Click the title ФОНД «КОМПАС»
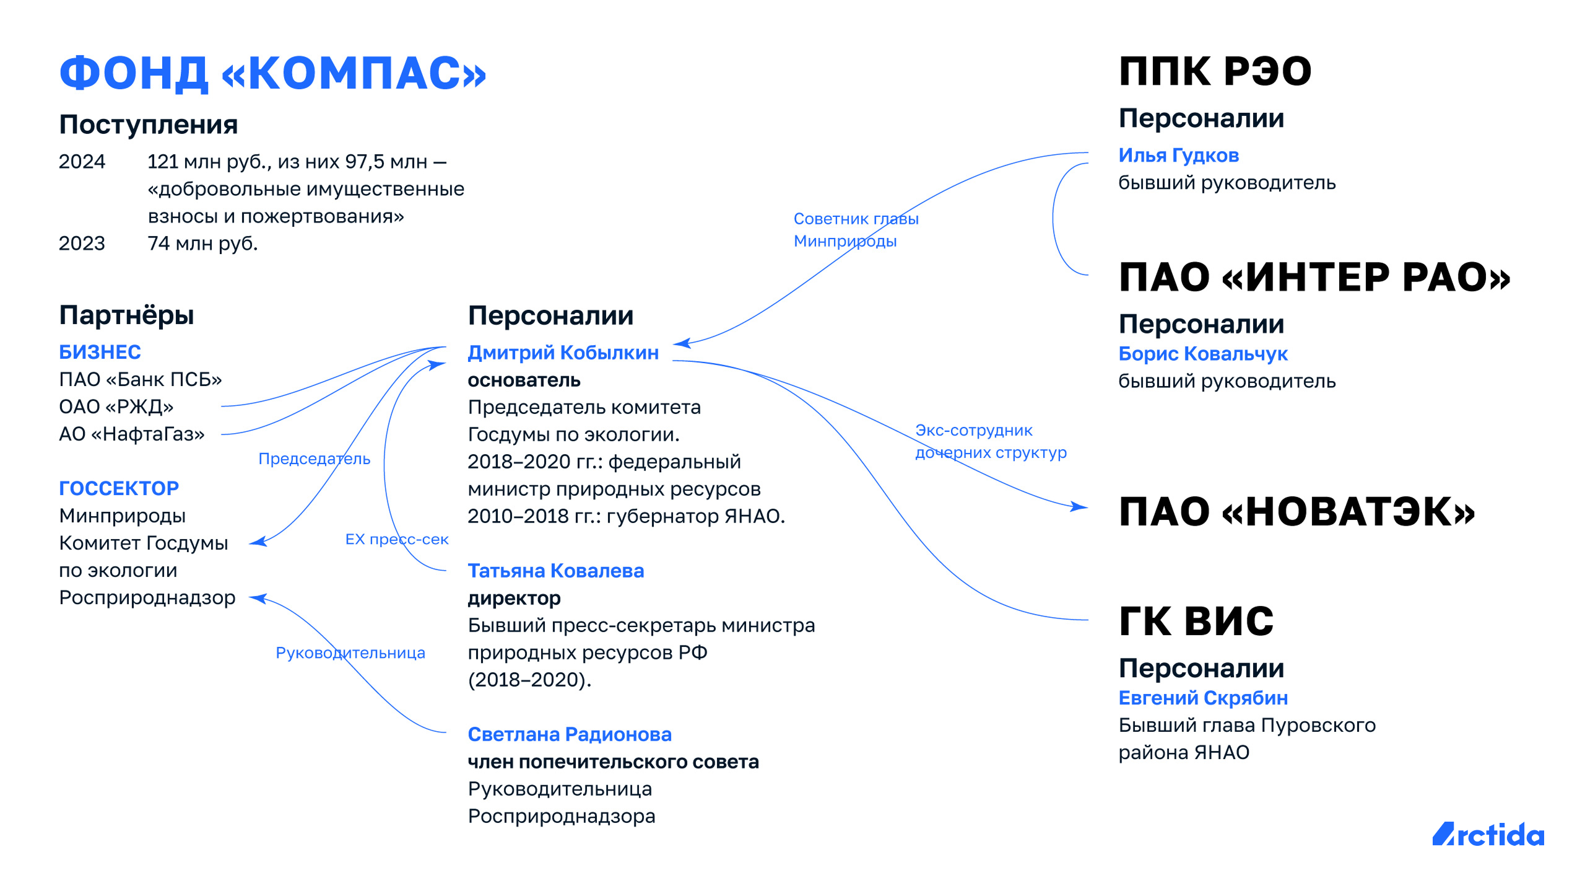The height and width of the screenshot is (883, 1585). pos(272,73)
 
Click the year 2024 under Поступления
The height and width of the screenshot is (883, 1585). pos(82,162)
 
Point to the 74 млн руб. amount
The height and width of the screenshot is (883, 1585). pos(202,244)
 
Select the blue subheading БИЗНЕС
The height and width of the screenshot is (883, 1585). pos(100,352)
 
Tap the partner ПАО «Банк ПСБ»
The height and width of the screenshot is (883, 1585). pos(141,379)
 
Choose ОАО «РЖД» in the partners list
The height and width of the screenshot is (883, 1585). pos(116,406)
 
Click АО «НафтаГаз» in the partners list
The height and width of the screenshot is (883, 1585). pos(132,434)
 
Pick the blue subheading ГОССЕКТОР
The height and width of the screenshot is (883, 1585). pos(119,488)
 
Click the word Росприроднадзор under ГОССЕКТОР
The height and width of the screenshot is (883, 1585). pos(147,598)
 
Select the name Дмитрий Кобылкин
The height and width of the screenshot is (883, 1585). pos(563,353)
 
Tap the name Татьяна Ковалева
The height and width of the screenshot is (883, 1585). pos(556,571)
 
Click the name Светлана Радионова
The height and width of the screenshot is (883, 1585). pos(570,734)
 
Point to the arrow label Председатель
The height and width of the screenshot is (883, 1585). pos(315,459)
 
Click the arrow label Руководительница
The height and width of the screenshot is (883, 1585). pos(350,653)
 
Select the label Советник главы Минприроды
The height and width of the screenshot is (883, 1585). pos(856,230)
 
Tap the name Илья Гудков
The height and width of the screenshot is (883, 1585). pos(1179,156)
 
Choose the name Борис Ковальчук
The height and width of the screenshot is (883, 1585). pos(1203,354)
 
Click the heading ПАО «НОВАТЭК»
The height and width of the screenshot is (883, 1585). pos(1297,512)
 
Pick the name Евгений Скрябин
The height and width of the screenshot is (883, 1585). pos(1203,698)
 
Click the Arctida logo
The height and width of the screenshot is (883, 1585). pos(1488,835)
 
